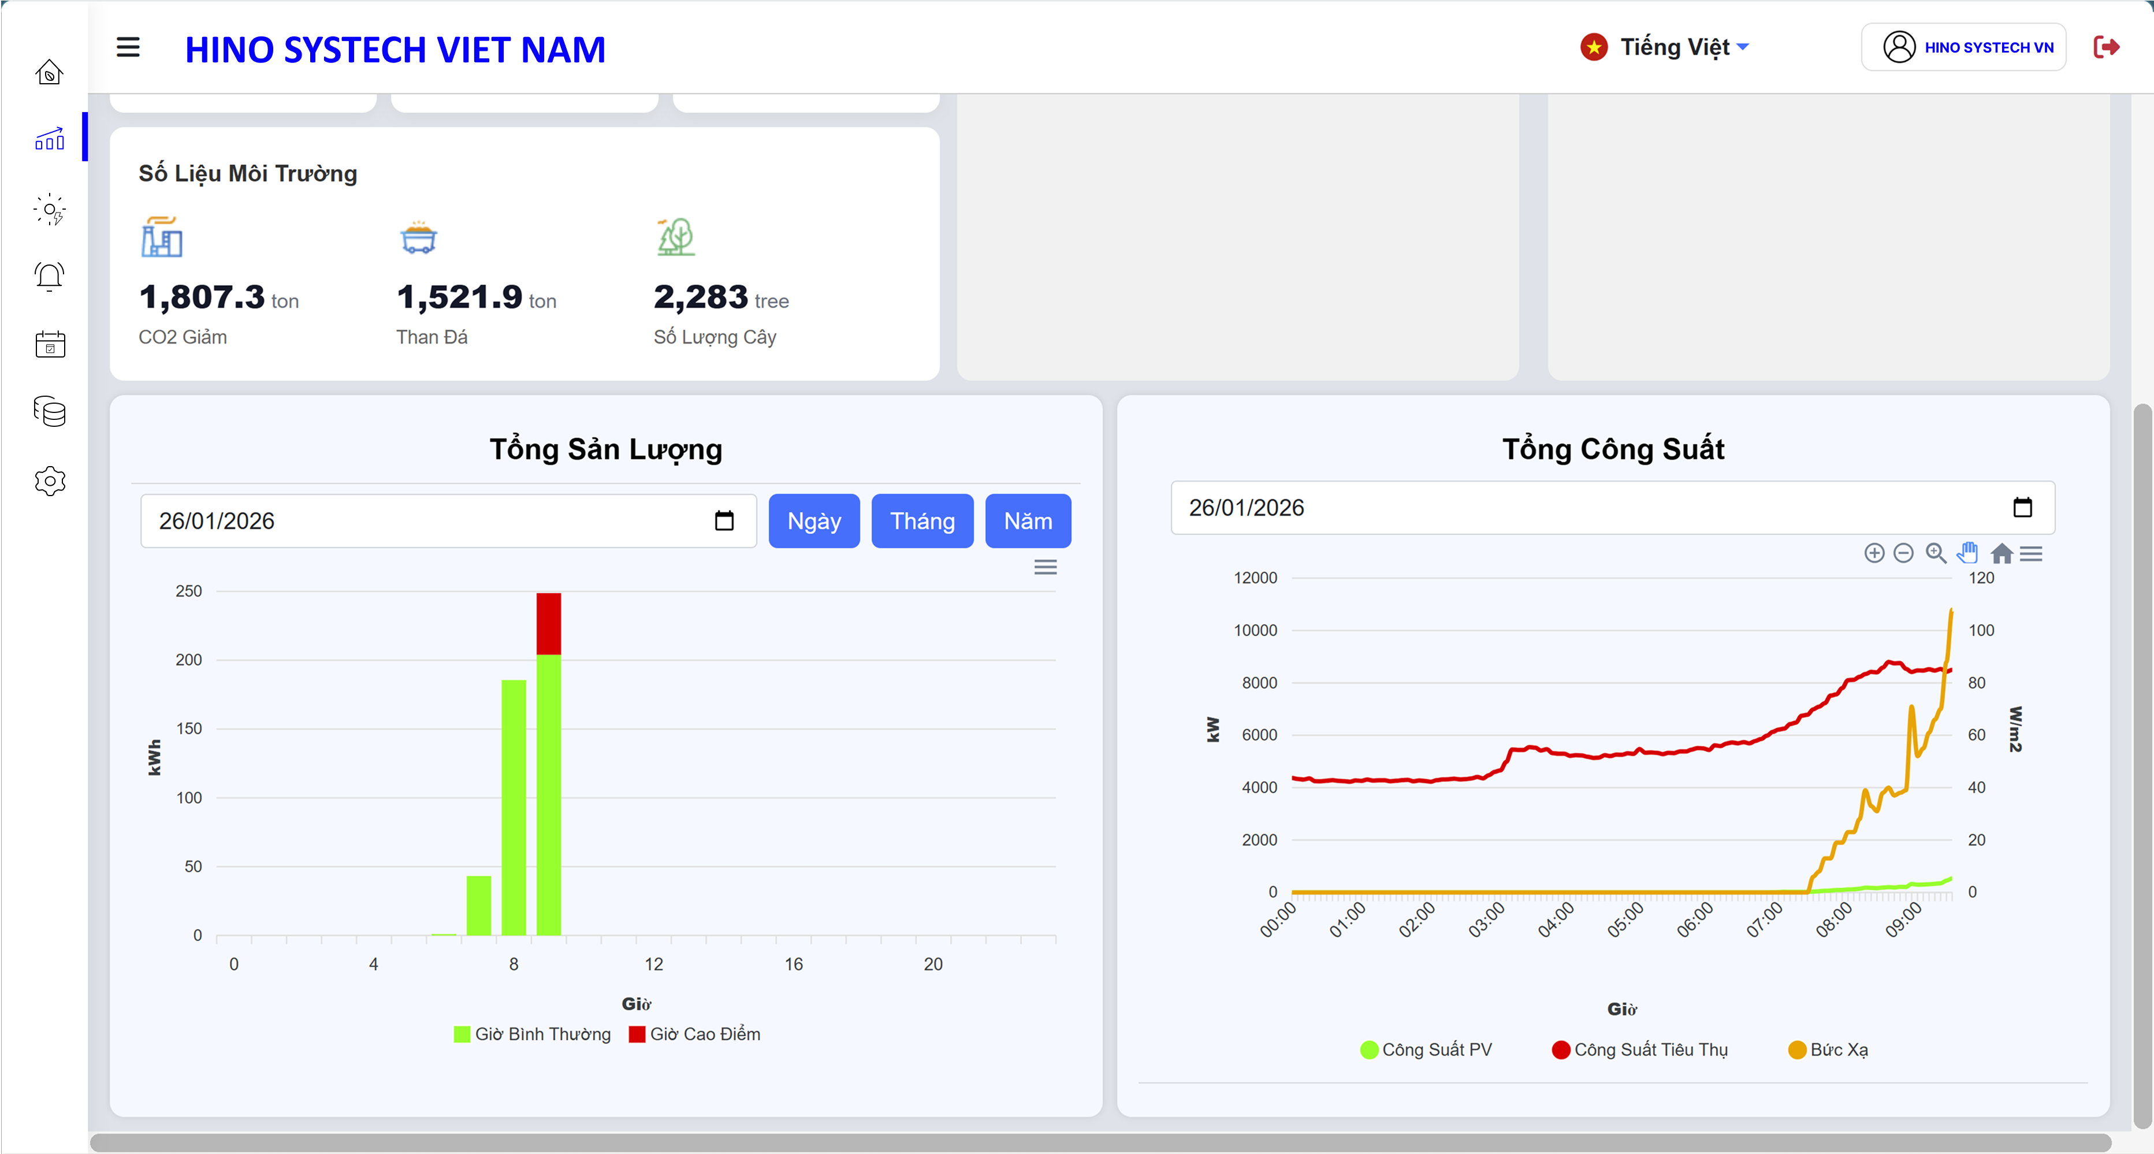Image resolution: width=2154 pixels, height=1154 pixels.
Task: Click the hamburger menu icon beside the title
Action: [128, 48]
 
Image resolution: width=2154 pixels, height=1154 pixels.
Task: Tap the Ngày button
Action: [814, 521]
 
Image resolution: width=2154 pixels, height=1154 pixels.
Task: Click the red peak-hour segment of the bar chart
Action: [549, 624]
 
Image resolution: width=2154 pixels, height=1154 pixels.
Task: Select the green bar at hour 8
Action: [514, 807]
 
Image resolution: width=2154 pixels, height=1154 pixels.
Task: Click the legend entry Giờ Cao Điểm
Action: [695, 1034]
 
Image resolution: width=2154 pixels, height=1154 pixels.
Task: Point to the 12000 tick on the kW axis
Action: [1255, 578]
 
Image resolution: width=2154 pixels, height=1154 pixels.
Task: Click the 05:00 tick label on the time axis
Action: [1625, 921]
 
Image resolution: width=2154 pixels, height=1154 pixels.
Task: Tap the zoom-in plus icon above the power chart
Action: [1874, 553]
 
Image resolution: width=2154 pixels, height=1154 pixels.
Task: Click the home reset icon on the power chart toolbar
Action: [2001, 553]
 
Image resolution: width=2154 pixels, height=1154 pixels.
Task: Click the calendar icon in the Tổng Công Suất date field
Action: [2022, 508]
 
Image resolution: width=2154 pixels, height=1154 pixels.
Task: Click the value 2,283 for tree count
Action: [701, 297]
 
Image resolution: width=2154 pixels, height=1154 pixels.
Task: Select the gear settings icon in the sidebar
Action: [50, 481]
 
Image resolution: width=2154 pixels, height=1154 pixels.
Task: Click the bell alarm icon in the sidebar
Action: [50, 276]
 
